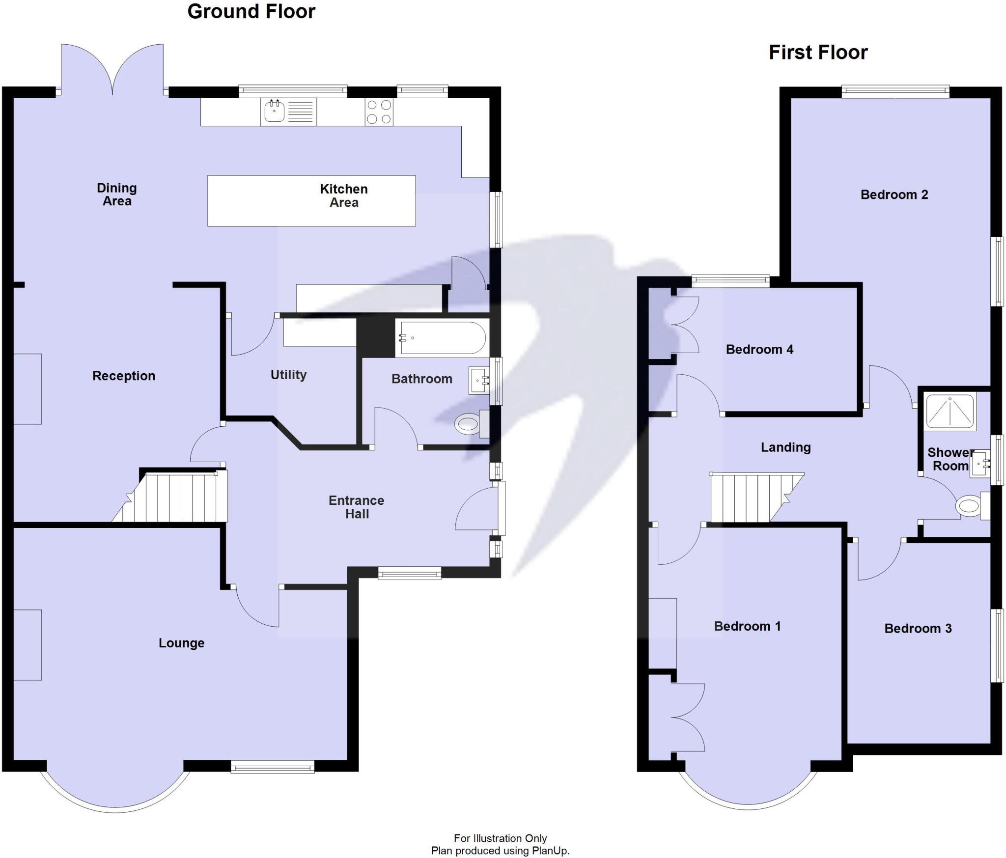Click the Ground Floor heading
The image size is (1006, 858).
click(x=251, y=12)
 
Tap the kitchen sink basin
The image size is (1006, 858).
click(x=274, y=111)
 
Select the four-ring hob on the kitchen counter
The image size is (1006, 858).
click(x=379, y=112)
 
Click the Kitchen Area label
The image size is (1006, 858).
click(x=343, y=196)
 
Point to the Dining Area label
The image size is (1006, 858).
click(x=117, y=194)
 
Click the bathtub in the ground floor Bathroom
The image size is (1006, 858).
click(x=442, y=338)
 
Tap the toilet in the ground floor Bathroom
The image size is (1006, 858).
click(x=468, y=423)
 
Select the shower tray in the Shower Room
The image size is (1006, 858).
click(x=950, y=411)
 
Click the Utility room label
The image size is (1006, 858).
click(x=288, y=375)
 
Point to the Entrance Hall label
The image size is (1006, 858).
click(x=357, y=507)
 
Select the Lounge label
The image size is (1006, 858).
click(x=181, y=643)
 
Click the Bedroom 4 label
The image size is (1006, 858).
click(x=759, y=350)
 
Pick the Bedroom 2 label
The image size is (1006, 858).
click(x=894, y=195)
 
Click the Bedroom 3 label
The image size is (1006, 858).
click(x=918, y=629)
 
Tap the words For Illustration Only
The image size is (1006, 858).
click(x=500, y=838)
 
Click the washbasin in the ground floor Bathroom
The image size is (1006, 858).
click(x=478, y=380)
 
